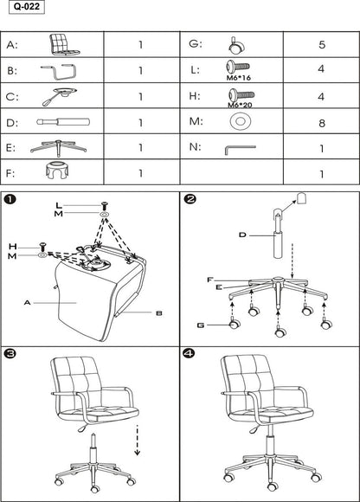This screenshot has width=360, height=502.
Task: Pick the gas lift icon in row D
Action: [x=59, y=122]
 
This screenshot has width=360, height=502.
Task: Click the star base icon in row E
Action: [x=59, y=147]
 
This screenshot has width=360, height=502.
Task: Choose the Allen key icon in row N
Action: [x=235, y=148]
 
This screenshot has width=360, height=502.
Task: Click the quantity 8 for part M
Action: [x=321, y=123]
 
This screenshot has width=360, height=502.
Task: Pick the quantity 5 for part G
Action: [x=321, y=44]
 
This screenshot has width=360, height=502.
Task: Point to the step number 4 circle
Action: [x=190, y=354]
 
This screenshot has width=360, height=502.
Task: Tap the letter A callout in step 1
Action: [x=29, y=303]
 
